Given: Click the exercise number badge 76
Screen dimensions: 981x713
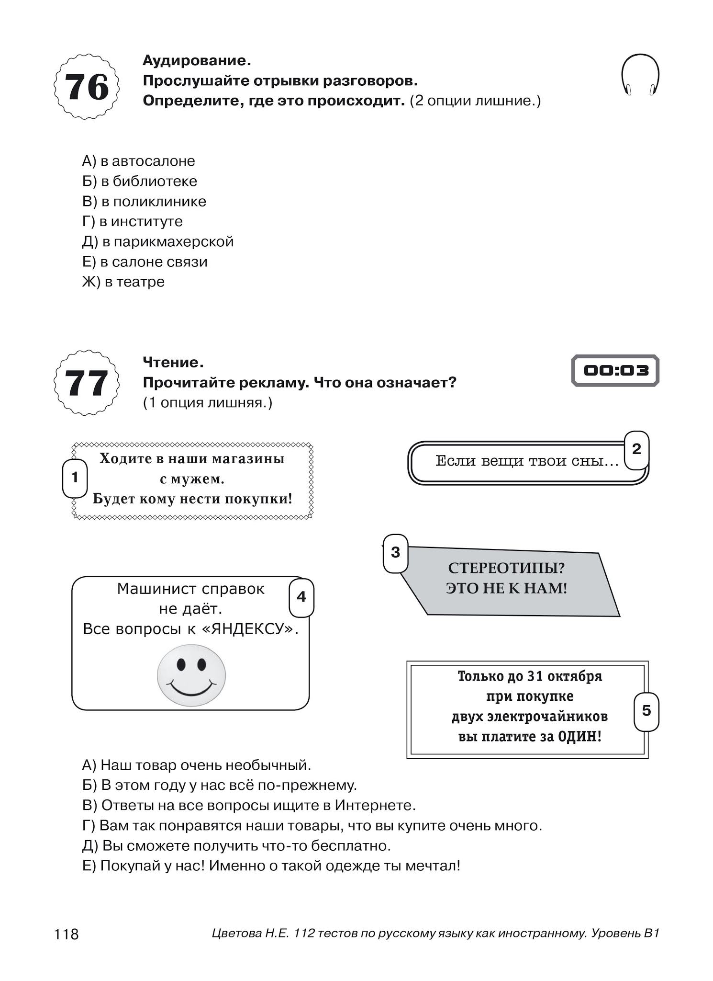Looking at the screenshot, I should (x=87, y=87).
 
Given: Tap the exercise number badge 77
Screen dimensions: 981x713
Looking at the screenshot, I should (x=87, y=383).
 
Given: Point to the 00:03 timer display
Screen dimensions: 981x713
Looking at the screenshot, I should (x=615, y=370).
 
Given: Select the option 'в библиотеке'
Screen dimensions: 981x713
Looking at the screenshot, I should (x=139, y=181).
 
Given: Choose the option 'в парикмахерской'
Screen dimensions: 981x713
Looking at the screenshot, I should (x=158, y=241).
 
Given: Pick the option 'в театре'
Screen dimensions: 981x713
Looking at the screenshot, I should (x=123, y=282).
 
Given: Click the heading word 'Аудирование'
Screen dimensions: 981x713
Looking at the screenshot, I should (x=196, y=61).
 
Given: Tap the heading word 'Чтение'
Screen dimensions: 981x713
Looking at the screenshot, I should (x=173, y=362).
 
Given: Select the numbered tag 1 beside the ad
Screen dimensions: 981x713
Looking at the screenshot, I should (x=75, y=478).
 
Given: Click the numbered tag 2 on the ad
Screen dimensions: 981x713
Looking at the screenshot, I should (x=636, y=449).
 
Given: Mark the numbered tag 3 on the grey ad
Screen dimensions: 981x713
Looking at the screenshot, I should (x=395, y=553).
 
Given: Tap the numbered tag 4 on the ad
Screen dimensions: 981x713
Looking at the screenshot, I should (x=301, y=597).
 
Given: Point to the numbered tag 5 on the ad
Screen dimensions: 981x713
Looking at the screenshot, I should (x=646, y=710).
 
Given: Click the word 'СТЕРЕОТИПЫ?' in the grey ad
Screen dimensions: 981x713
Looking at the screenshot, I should (x=506, y=568).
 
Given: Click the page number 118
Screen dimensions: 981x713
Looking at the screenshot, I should (x=67, y=934).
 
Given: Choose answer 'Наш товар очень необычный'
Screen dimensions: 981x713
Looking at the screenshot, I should (x=197, y=765).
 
